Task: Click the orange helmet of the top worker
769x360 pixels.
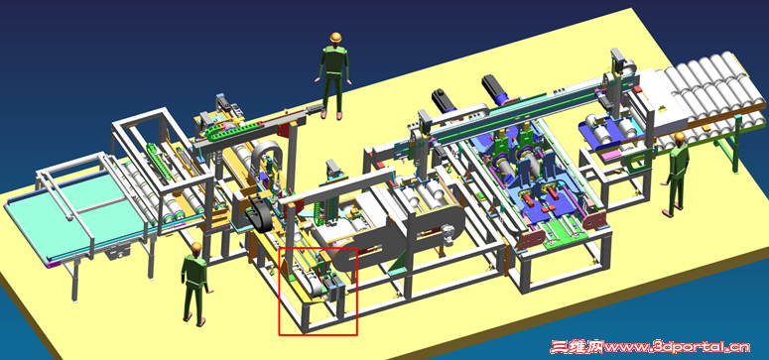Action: pyautogui.click(x=335, y=38)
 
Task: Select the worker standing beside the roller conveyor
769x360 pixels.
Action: pyautogui.click(x=676, y=175)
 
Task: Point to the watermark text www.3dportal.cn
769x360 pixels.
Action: pyautogui.click(x=677, y=347)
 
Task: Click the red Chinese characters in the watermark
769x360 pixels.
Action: pyautogui.click(x=577, y=347)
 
